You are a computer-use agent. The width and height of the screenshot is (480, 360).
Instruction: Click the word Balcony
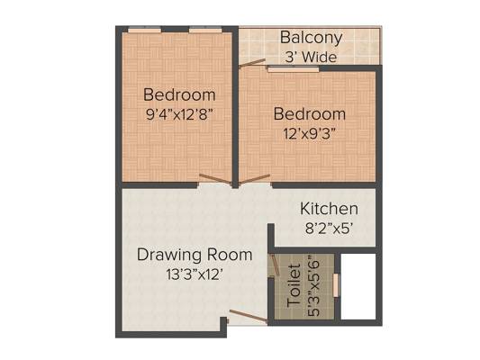pos(311,38)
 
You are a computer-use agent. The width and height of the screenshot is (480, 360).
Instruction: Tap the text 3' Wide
pos(311,57)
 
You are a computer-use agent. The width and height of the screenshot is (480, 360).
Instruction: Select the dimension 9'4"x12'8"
pos(179,114)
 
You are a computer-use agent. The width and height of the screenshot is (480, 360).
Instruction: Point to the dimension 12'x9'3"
pos(310,134)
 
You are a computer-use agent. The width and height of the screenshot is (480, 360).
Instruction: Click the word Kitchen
pos(329,209)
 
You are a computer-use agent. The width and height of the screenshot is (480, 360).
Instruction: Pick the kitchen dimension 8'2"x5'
pos(327,229)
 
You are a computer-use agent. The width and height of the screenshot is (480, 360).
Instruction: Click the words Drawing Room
pos(195,255)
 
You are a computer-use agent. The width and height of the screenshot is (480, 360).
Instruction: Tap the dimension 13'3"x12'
pos(195,274)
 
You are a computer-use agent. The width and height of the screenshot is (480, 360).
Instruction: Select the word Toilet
pos(294,285)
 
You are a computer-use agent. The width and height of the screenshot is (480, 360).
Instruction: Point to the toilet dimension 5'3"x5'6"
pos(313,285)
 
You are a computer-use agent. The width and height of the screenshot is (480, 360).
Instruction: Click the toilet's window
pos(336,285)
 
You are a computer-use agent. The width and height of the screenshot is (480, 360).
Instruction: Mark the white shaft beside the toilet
pos(358,286)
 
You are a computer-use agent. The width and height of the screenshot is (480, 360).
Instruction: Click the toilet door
pos(275,265)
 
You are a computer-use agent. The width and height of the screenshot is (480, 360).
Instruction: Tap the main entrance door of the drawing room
pos(248,316)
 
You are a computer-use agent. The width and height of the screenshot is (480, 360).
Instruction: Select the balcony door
pos(252,63)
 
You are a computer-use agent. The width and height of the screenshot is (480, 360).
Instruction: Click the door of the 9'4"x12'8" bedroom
pos(215,179)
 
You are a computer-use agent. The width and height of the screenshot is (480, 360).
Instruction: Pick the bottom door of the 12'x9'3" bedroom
pos(254,179)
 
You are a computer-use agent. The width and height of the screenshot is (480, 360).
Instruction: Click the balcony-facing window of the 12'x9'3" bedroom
pos(294,68)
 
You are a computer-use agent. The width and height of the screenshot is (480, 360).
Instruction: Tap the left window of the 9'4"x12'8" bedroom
pos(144,30)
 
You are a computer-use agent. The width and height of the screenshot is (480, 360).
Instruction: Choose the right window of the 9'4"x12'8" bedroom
pos(205,30)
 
